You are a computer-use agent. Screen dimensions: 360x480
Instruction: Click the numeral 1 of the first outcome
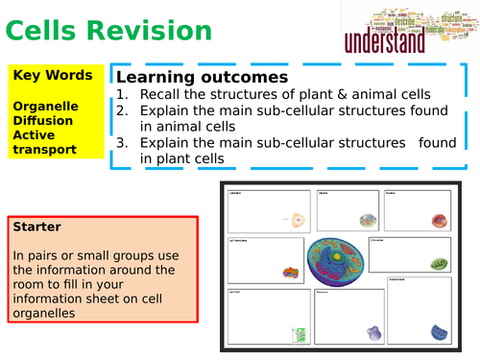(121, 94)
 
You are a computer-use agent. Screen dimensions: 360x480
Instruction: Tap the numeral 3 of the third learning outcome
(121, 143)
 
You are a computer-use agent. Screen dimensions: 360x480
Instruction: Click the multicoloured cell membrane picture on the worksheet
(289, 273)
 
